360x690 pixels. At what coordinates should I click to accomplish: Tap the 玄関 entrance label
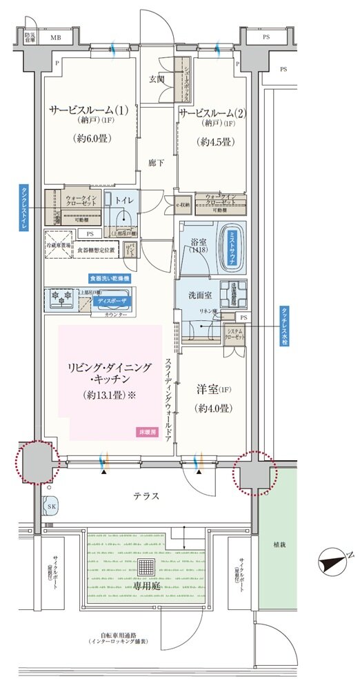click(157, 79)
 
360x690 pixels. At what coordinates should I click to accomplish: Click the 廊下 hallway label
click(157, 164)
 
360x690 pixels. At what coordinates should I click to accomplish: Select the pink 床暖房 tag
click(148, 431)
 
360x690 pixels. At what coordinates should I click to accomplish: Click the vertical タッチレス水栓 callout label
click(283, 326)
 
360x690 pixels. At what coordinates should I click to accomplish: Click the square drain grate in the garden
click(146, 568)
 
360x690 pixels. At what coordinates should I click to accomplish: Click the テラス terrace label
click(146, 495)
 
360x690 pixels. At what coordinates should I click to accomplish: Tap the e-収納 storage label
click(182, 204)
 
